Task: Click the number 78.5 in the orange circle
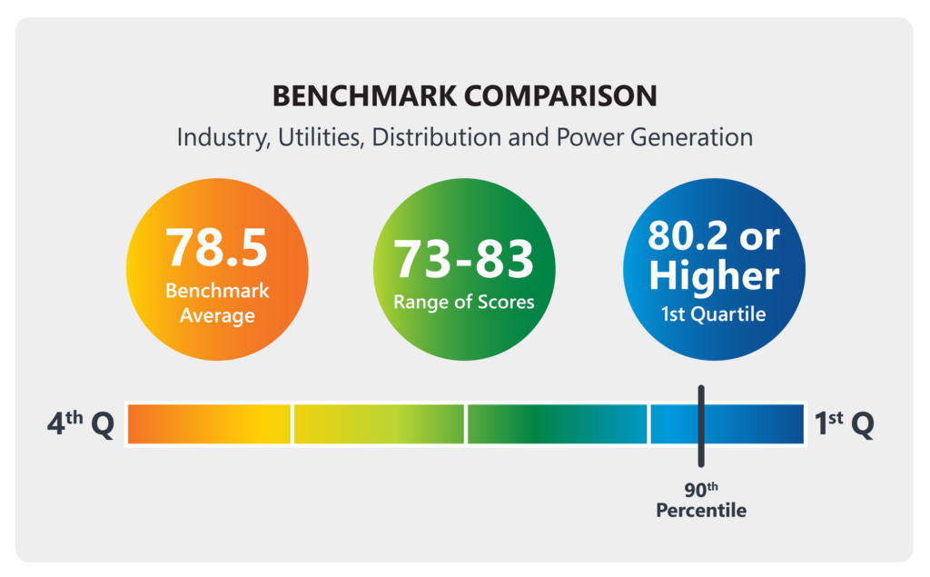pos(216,248)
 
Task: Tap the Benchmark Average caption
pos(217,303)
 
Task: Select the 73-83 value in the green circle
pos(464,259)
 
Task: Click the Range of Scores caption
pos(464,302)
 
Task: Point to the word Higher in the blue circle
pos(714,276)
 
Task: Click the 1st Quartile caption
pos(714,314)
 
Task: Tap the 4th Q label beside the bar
pos(80,424)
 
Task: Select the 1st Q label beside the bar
pos(844,423)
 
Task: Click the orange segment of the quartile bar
pos(209,424)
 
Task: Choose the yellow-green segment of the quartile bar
pos(379,424)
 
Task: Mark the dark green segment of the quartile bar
pos(557,424)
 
